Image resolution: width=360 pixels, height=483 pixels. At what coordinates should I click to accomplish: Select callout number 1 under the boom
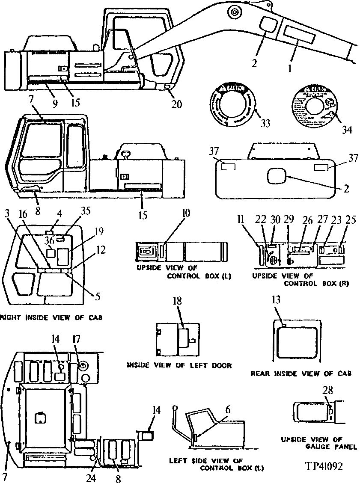pyautogui.click(x=289, y=68)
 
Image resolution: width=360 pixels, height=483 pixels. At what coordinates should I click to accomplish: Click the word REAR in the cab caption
pyautogui.click(x=261, y=373)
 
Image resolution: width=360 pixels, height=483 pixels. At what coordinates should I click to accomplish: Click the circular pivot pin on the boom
pyautogui.click(x=234, y=13)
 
